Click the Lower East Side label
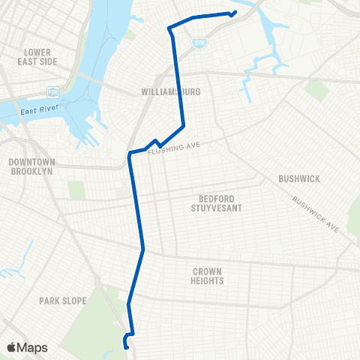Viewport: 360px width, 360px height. (x=37, y=57)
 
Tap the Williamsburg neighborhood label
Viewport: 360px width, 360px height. (x=172, y=91)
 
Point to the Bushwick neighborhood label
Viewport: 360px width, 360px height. (x=298, y=178)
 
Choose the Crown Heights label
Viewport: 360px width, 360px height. (x=208, y=276)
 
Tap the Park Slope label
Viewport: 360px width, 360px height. (x=63, y=301)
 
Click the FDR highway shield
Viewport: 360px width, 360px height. (x=52, y=92)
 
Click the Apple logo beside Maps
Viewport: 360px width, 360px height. (x=13, y=347)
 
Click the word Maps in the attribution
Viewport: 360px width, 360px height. (x=34, y=347)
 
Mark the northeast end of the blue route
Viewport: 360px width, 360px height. (x=235, y=11)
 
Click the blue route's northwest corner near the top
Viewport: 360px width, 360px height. (x=169, y=28)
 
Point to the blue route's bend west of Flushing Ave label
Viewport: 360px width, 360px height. (x=130, y=154)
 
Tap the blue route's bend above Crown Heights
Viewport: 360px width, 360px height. (x=142, y=248)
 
